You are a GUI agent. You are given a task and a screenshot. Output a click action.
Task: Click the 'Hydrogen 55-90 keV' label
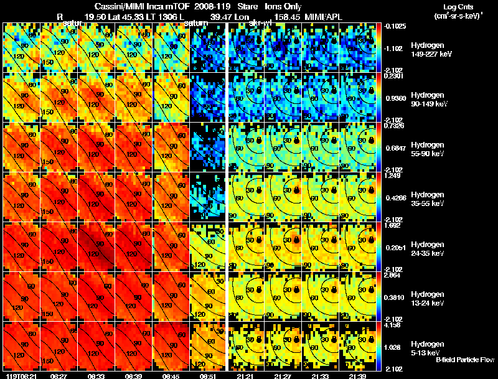(429, 149)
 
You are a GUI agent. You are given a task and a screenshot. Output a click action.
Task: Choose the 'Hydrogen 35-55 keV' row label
(429, 199)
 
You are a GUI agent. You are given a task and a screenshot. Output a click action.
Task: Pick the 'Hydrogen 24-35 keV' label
(429, 248)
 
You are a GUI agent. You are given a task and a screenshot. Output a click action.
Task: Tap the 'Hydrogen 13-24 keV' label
(429, 298)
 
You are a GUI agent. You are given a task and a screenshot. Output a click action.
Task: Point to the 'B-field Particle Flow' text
(465, 360)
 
